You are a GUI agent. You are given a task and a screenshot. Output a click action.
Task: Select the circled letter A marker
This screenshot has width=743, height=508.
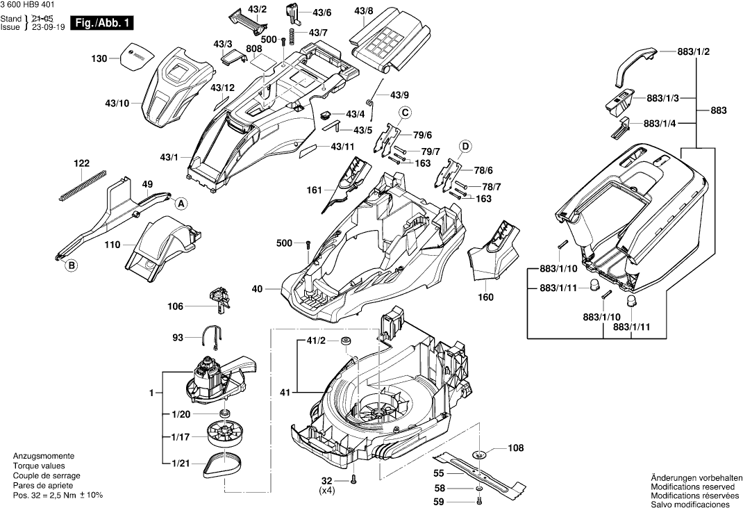pyautogui.click(x=181, y=204)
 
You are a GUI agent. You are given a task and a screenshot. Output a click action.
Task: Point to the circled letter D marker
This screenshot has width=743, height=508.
pyautogui.click(x=465, y=145)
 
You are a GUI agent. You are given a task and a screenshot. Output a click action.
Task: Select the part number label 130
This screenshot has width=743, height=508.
pyautogui.click(x=99, y=59)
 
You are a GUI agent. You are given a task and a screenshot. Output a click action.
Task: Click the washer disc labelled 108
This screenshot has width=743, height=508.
pyautogui.click(x=479, y=454)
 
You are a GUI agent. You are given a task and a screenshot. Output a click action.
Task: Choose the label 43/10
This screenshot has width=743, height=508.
pyautogui.click(x=117, y=104)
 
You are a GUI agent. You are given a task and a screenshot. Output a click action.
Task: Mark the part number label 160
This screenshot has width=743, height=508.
pyautogui.click(x=486, y=297)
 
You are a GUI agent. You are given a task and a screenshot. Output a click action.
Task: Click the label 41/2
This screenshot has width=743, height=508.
pyautogui.click(x=316, y=341)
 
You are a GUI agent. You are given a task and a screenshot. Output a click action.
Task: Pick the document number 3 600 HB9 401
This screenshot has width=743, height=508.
pyautogui.click(x=30, y=5)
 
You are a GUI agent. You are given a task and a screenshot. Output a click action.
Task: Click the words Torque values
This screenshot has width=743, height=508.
pyautogui.click(x=39, y=466)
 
